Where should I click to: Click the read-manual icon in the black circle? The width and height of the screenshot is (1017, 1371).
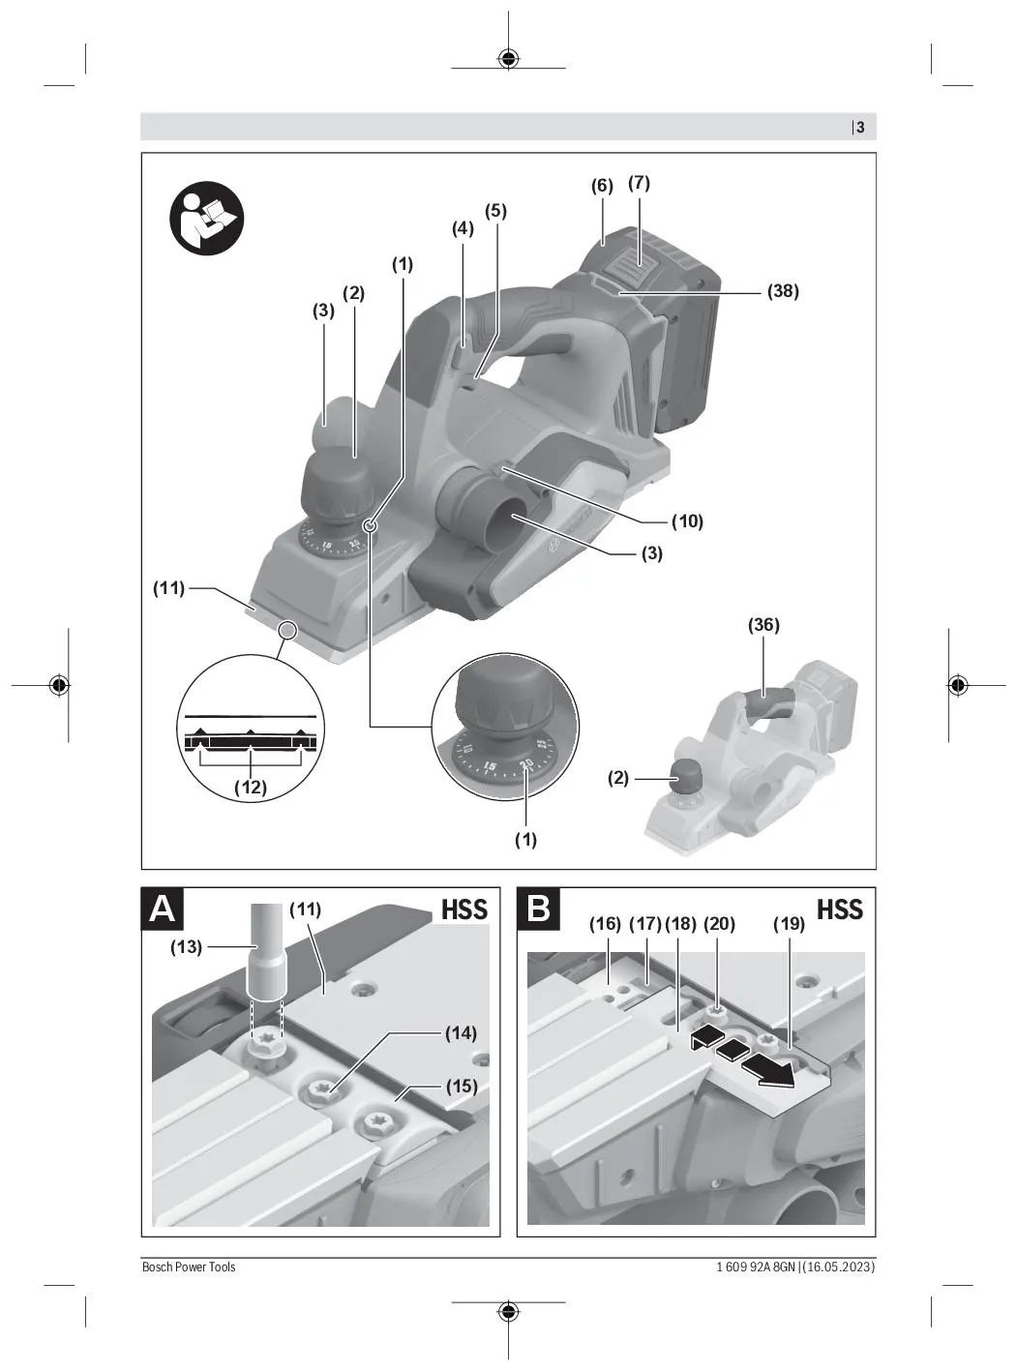point(206,219)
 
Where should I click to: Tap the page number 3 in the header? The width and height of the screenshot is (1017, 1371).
point(860,128)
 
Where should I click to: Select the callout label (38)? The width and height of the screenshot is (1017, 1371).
point(783,291)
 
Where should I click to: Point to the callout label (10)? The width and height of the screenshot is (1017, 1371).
point(687,522)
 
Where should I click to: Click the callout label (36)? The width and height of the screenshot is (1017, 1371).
point(763,625)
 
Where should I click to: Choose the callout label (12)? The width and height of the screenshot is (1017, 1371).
point(251,788)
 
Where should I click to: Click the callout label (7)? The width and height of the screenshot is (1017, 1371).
point(639,183)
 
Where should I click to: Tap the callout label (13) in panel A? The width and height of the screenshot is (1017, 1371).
point(186,947)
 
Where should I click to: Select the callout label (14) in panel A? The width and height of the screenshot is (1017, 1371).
point(461,1033)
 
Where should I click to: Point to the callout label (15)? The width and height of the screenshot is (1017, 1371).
point(462,1086)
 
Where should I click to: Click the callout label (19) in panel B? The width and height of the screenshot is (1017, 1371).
point(789,924)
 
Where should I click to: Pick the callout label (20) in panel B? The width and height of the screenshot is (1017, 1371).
point(719,924)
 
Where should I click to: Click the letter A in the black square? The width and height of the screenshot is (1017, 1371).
point(163,909)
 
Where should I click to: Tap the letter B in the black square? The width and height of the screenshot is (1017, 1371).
point(538,909)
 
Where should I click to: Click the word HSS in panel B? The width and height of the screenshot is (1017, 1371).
point(840,909)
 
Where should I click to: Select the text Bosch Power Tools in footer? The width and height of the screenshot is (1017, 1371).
point(189,1267)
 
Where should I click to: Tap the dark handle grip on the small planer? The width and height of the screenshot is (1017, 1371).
point(767,701)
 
